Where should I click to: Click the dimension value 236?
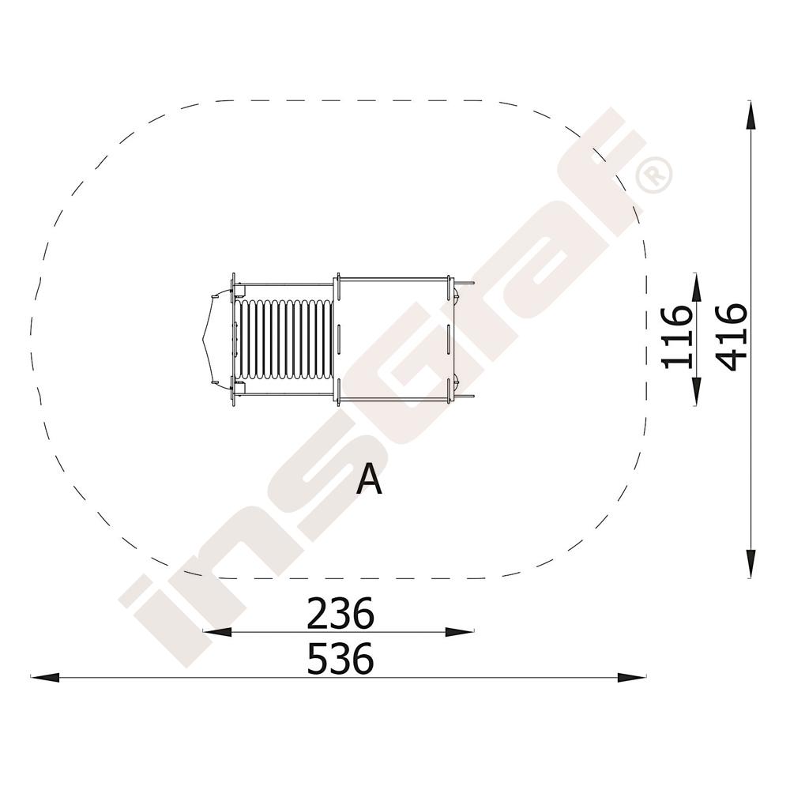pos(340,613)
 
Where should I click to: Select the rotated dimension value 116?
pos(675,337)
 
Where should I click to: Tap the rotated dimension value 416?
pos(731,337)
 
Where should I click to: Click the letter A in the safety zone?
pos(369,480)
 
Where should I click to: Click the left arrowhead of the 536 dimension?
pos(44,678)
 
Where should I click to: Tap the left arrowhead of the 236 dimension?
pos(216,632)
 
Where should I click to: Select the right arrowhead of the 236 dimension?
pos(460,632)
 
